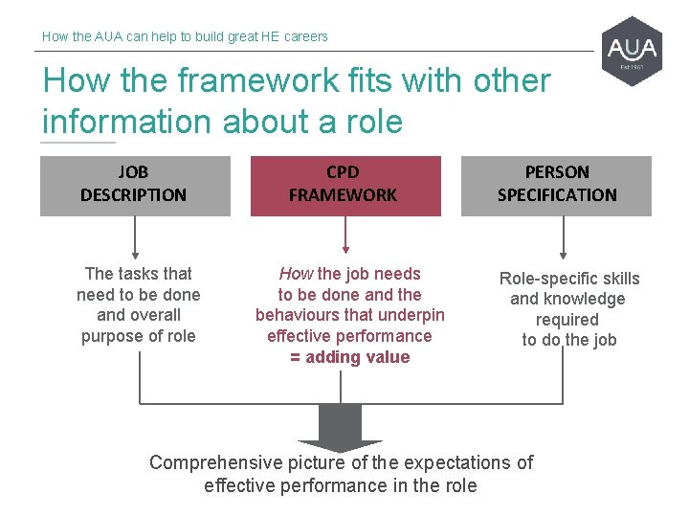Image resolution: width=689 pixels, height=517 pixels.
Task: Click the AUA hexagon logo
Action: tap(633, 51)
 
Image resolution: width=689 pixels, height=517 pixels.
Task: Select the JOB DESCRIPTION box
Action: tap(135, 185)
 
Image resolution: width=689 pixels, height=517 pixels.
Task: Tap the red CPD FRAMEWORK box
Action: tap(344, 185)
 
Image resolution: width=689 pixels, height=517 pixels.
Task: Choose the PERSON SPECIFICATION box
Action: tap(557, 185)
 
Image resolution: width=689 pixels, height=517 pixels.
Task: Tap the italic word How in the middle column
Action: tap(296, 274)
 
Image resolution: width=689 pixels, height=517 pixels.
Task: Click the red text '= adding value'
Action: tap(349, 357)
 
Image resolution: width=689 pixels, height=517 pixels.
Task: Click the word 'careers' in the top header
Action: tap(305, 36)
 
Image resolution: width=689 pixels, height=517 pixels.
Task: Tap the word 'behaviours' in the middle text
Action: tap(300, 315)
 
